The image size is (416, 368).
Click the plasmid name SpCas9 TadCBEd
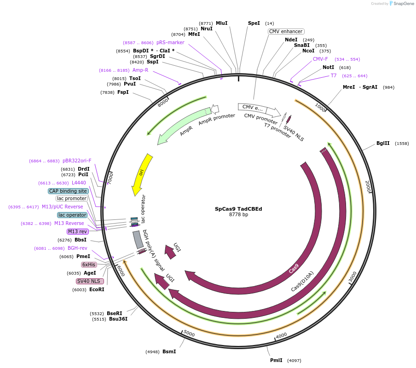tap(238, 209)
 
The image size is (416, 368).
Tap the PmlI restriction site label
tap(276, 360)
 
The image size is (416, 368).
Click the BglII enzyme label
tap(383, 143)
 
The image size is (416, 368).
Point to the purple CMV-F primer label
tap(320, 59)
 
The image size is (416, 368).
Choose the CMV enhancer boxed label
tap(286, 32)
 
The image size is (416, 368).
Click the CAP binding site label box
tap(68, 191)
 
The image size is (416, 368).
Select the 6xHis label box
tap(89, 264)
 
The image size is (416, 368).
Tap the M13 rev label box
tap(77, 231)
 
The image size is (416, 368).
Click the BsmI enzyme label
tap(169, 351)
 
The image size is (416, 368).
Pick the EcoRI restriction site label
tap(97, 289)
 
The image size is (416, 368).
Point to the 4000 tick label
tap(281, 335)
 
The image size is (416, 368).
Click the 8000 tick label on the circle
tap(163, 103)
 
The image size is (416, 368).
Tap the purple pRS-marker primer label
tap(170, 42)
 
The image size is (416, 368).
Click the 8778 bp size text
tap(238, 215)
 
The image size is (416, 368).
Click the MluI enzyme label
tap(221, 23)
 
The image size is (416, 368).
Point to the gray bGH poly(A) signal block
tap(138, 239)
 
